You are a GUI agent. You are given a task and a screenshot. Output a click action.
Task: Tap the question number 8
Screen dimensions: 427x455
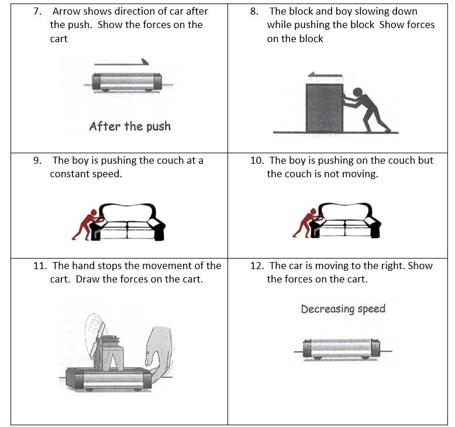(x=254, y=12)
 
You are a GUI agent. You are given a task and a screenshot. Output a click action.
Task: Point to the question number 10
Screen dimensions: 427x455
(x=257, y=160)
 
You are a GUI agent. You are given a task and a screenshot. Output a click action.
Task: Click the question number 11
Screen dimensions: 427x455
(x=39, y=266)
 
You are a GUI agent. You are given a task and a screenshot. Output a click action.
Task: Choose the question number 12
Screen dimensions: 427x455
(x=257, y=266)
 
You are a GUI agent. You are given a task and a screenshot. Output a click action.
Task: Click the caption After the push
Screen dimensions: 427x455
(x=130, y=126)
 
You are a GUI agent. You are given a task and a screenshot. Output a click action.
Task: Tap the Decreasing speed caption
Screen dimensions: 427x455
(x=343, y=309)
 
